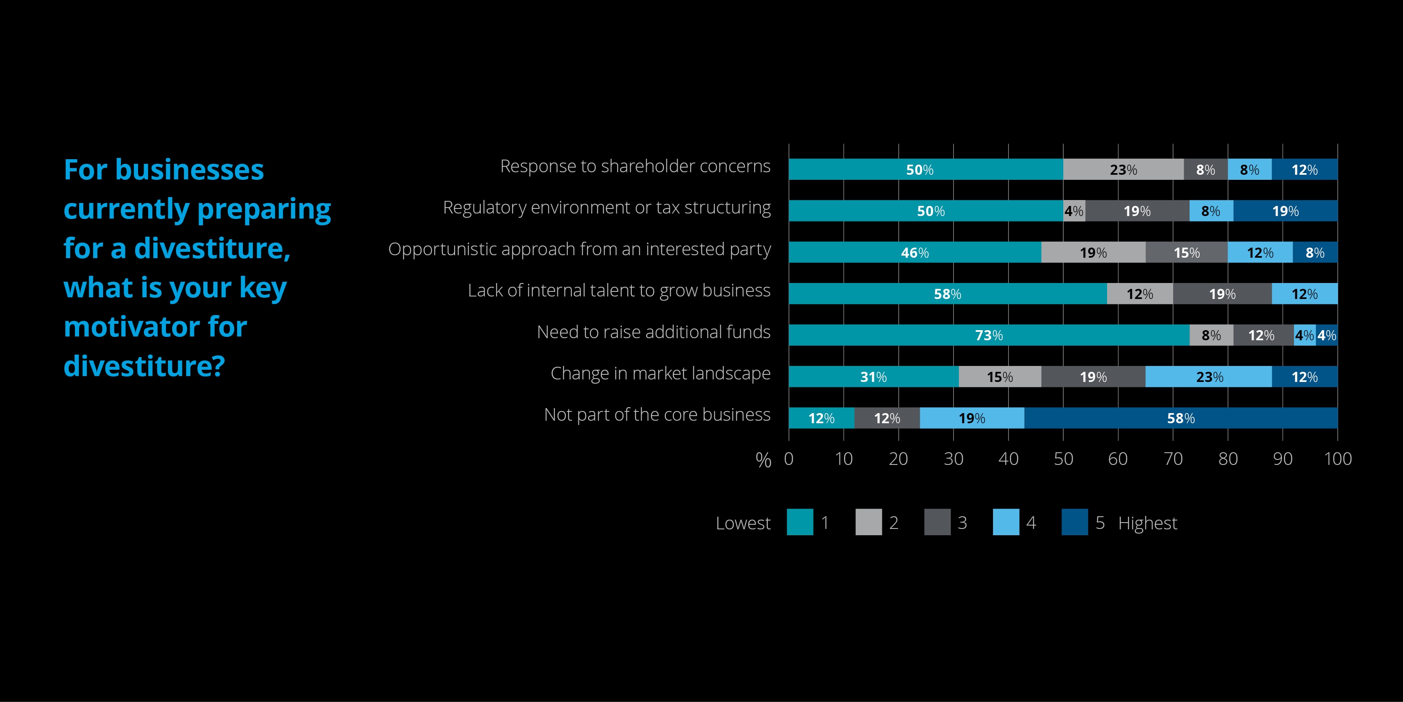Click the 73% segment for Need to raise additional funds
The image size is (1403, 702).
[988, 335]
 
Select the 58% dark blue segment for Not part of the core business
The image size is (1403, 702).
[1180, 418]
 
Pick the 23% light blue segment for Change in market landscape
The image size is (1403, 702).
[1209, 376]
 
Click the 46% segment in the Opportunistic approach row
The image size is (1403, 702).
[914, 252]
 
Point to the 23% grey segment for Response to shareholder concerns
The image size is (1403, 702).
[1123, 170]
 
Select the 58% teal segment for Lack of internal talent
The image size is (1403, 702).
[947, 294]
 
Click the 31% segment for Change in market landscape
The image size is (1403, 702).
[873, 376]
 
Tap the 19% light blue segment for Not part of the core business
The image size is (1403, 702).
[972, 418]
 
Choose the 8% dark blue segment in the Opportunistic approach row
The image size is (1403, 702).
[1315, 252]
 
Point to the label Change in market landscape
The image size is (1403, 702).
[660, 374]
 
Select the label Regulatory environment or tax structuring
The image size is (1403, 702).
[607, 208]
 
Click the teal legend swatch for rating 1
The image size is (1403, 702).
[799, 522]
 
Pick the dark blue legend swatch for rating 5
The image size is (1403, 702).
[1075, 522]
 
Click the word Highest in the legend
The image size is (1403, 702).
[1147, 523]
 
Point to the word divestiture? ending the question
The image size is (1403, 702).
[144, 366]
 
